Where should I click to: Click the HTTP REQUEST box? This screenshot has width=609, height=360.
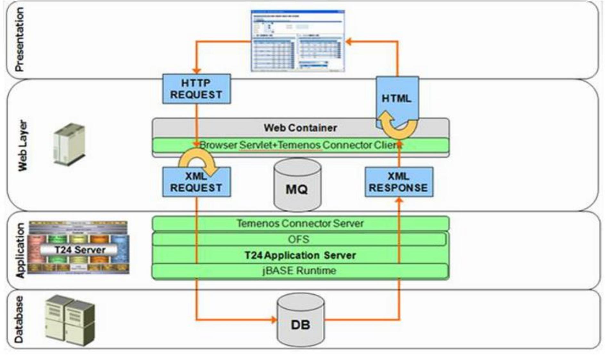pos(196,89)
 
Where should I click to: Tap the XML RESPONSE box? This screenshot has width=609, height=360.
pos(399,182)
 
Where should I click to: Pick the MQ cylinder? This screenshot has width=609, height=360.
pos(297,186)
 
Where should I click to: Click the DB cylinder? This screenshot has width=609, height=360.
pos(300,321)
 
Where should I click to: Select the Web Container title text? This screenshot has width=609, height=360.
pos(300,128)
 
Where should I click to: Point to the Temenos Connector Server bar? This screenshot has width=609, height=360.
pos(300,223)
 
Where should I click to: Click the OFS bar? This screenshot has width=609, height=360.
pos(299,239)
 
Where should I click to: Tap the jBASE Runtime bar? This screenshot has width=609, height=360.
pos(299,271)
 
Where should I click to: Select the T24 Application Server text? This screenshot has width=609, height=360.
pos(300,255)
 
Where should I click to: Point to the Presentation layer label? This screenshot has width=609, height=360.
pos(19,39)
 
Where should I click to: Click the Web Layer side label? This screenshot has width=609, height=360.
pos(22,146)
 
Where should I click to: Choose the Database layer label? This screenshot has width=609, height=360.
pos(19,319)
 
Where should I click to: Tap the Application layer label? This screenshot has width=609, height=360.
pos(20,250)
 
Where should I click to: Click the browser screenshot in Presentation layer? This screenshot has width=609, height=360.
pos(297,41)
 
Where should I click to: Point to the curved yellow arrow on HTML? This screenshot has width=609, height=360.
pos(396,126)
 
